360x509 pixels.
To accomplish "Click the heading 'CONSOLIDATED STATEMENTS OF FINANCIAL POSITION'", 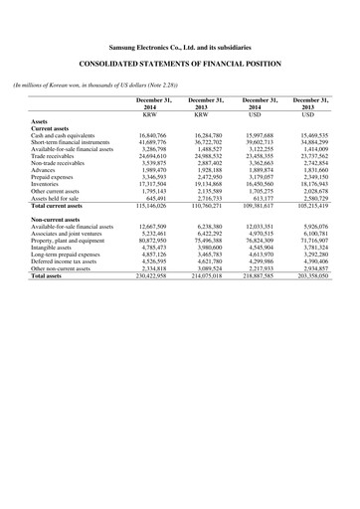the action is click(x=180, y=64).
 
